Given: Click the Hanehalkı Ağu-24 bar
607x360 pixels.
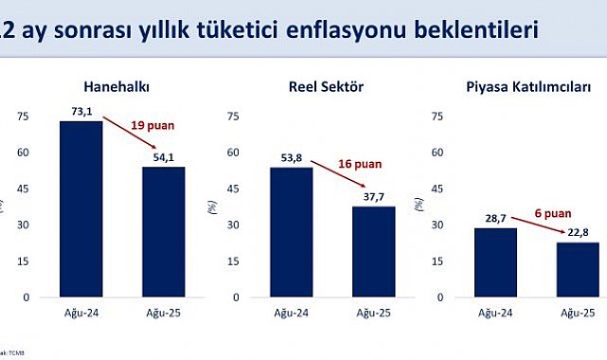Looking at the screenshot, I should (x=81, y=208).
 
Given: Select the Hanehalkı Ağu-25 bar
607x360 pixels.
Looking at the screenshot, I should (x=164, y=231).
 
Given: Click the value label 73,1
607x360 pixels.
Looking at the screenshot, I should (x=81, y=112).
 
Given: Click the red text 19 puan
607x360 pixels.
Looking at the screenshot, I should (x=152, y=123).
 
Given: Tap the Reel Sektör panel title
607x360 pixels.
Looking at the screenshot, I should (x=327, y=88).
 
